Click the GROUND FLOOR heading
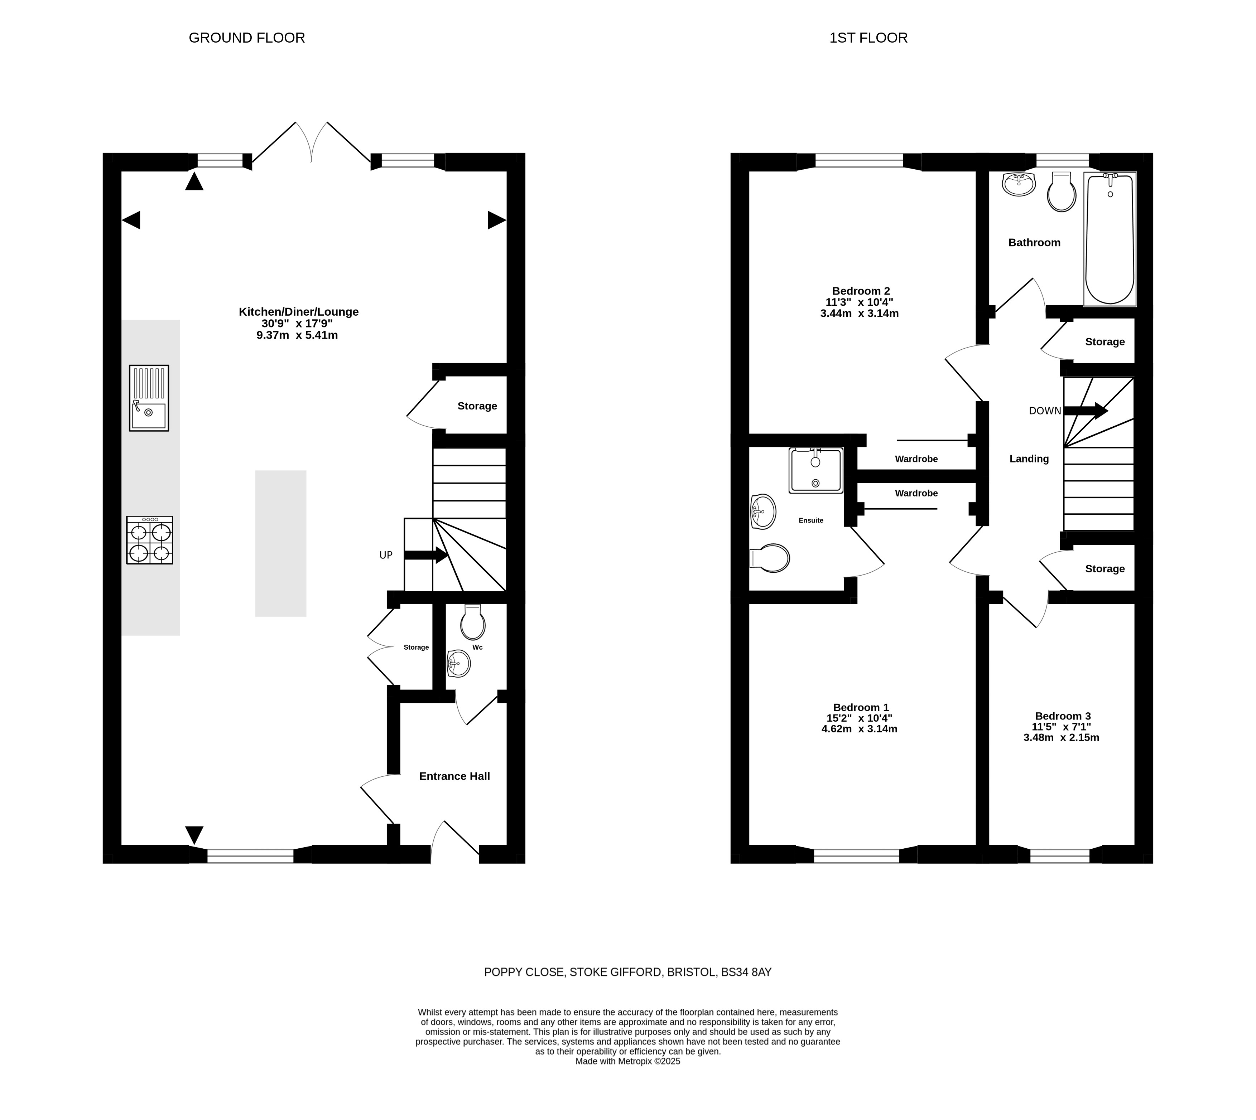point(246,38)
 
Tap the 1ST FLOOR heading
point(868,38)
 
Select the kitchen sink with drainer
point(149,398)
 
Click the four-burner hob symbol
point(150,540)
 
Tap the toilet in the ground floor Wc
point(473,622)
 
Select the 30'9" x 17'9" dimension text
point(297,324)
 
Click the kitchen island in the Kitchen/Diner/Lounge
point(281,543)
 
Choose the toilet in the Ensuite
point(770,558)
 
